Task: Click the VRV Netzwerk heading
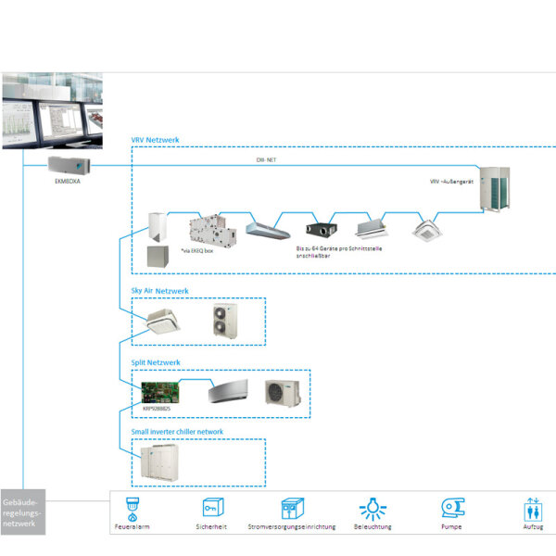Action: point(155,140)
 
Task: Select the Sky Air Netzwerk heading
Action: point(160,291)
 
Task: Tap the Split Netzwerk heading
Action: point(155,362)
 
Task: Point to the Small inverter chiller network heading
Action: point(176,432)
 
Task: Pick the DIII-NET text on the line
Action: point(268,160)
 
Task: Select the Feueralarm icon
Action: point(132,507)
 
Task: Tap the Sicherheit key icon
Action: point(210,507)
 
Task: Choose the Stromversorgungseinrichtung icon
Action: point(293,507)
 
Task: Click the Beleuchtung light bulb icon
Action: point(373,507)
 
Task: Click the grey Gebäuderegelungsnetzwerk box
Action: point(21,512)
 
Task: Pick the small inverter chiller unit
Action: point(162,461)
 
